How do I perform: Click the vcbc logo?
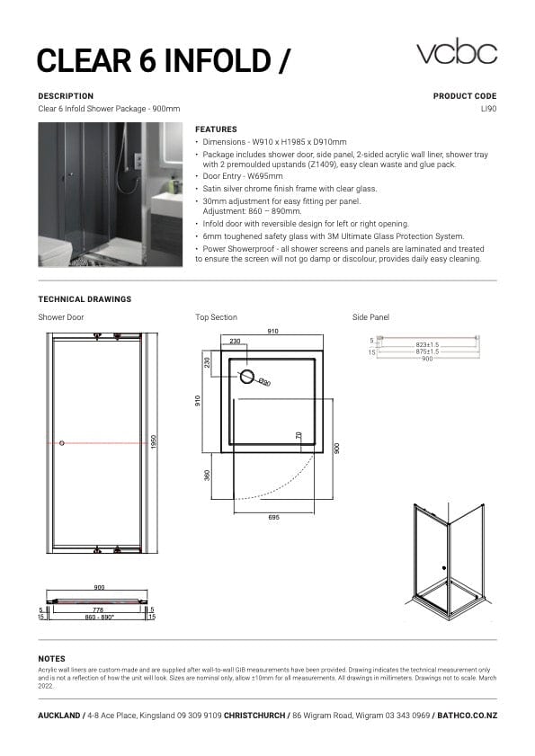click(456, 52)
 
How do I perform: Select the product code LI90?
click(488, 109)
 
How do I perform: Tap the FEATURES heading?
click(216, 129)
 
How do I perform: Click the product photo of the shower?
click(111, 194)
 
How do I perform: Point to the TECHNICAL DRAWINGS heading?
click(85, 298)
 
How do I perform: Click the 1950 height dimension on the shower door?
click(154, 443)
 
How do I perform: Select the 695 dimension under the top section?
click(273, 518)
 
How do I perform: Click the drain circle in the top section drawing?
click(245, 377)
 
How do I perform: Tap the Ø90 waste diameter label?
click(265, 383)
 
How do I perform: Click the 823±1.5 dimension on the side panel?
click(427, 345)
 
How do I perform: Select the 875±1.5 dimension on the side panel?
click(427, 352)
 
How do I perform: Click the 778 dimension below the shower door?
click(99, 609)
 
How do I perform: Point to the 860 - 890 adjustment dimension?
click(99, 618)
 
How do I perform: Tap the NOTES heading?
click(51, 659)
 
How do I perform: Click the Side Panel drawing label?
click(370, 317)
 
